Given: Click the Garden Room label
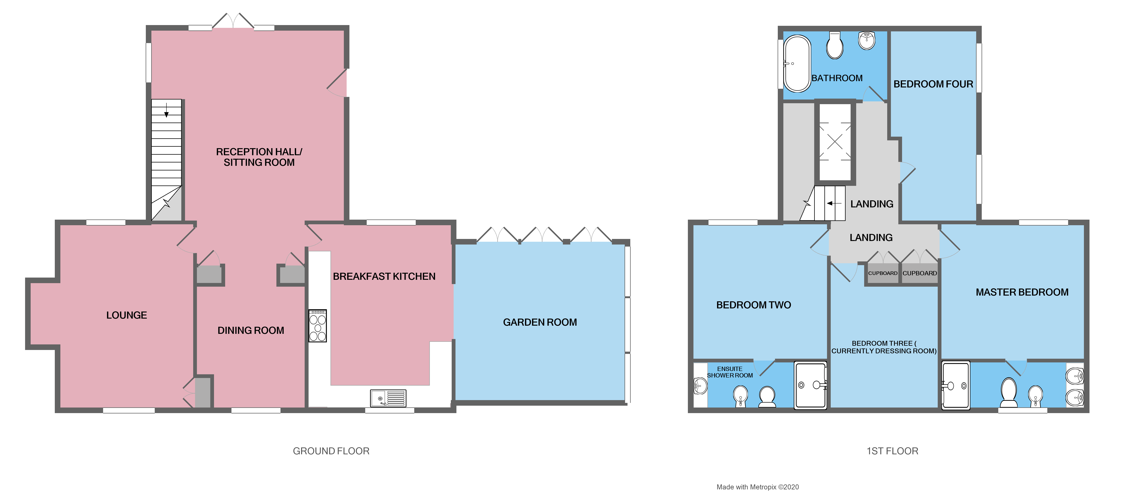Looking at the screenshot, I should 540,322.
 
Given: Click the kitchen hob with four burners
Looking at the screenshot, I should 317,326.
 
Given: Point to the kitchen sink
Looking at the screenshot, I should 388,398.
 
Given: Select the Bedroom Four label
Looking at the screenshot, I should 933,84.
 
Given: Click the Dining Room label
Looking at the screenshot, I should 250,330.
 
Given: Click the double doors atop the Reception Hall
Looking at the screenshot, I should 233,20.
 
